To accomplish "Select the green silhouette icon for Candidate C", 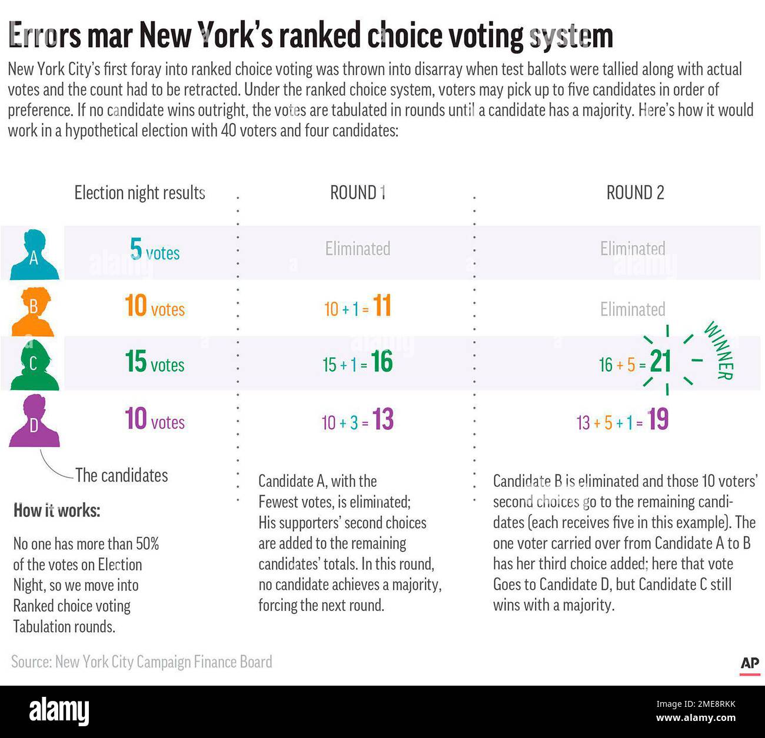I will (x=34, y=365).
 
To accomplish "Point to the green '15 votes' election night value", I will (x=154, y=363).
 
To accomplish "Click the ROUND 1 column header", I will (x=358, y=193).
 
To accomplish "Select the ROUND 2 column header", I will (x=635, y=193).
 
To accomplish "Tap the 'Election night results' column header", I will (x=139, y=193).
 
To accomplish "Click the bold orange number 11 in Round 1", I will (x=382, y=306).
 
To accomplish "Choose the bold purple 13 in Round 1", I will (x=382, y=420).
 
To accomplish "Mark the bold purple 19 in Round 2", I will (x=658, y=420).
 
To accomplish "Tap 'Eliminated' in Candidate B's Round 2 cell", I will (x=633, y=309).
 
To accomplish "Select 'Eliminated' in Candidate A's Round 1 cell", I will (x=358, y=249).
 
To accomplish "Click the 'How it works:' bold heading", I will (x=56, y=510).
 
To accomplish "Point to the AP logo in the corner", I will (x=750, y=664).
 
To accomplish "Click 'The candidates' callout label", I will (x=121, y=475).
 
